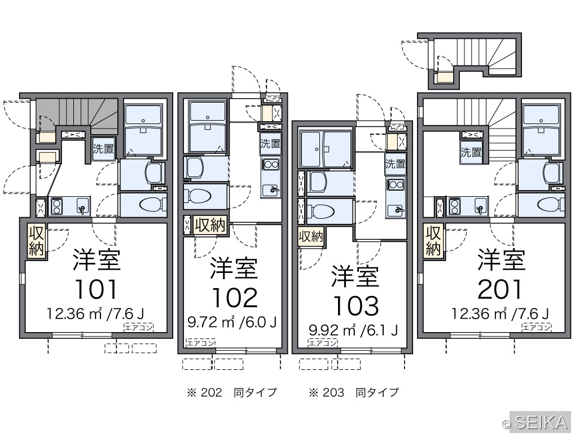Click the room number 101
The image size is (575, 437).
(96, 289)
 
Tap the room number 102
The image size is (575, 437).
(235, 297)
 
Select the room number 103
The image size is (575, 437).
(355, 306)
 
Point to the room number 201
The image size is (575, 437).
(500, 289)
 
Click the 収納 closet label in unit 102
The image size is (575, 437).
(210, 224)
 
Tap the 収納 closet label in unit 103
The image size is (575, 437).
(311, 236)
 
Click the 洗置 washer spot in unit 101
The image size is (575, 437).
(103, 149)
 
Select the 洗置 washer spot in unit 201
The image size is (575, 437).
(471, 152)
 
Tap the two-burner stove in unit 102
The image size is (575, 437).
(270, 164)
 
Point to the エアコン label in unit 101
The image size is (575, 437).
(139, 328)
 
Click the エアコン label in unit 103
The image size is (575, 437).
(323, 343)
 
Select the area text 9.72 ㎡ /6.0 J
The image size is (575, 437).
(232, 322)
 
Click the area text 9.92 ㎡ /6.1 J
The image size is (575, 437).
(353, 330)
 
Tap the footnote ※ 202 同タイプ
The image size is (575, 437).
(232, 392)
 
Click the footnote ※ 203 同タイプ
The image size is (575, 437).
(353, 392)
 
